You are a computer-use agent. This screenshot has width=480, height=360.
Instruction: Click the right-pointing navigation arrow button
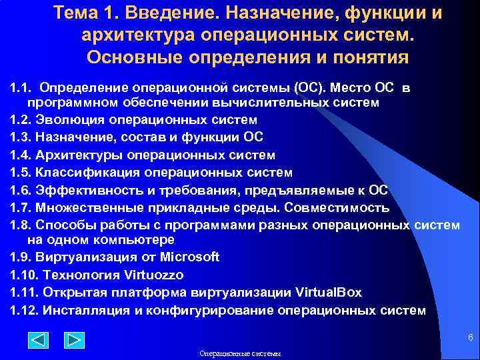(74, 341)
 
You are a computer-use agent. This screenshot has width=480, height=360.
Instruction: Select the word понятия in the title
(361, 57)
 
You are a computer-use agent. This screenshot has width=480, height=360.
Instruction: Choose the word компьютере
(141, 239)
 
